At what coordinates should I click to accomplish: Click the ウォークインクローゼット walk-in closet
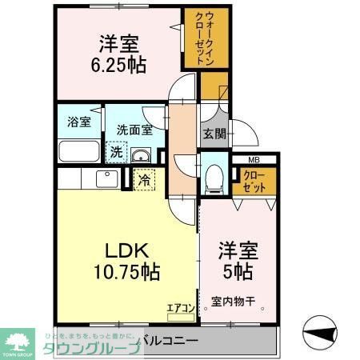click(x=198, y=38)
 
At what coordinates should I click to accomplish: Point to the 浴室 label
click(x=78, y=123)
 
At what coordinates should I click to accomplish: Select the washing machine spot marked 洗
click(x=115, y=150)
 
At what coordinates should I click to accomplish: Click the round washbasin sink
click(x=142, y=154)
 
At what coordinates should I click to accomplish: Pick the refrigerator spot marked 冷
click(x=142, y=181)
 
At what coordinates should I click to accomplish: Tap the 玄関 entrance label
click(x=214, y=134)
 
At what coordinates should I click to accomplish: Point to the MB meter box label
click(x=252, y=161)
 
